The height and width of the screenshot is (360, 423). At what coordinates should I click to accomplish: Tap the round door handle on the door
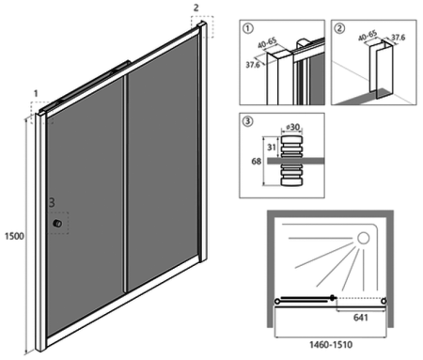(57, 224)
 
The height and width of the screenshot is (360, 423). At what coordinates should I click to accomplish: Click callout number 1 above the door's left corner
(36, 94)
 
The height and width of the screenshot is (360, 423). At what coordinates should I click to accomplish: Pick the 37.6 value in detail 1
(252, 66)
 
